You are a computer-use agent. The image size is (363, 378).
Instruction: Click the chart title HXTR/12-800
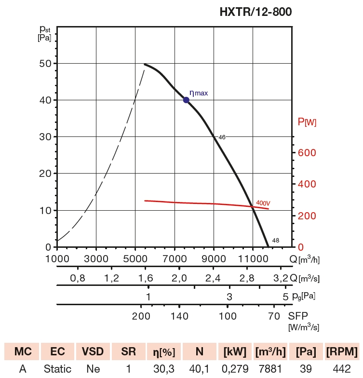click(255, 12)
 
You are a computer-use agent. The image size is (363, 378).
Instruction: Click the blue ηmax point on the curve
click(186, 100)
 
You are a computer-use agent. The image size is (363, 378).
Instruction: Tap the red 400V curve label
click(263, 203)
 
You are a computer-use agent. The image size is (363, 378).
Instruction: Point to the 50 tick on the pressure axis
click(45, 64)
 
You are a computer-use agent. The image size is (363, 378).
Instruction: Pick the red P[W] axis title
click(307, 122)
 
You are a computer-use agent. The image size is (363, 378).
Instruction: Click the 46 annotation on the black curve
click(222, 137)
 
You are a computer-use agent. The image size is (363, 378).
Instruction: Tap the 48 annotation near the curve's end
click(275, 241)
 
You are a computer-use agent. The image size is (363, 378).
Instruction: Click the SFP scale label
click(298, 316)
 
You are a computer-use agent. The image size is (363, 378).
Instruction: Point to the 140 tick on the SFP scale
click(179, 316)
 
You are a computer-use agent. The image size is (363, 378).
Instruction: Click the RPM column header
click(342, 351)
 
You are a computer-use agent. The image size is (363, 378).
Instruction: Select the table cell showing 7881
click(269, 369)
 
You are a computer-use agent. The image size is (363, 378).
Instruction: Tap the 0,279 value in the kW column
click(234, 369)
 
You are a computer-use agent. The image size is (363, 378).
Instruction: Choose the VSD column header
click(93, 351)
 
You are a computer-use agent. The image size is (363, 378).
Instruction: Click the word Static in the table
click(57, 369)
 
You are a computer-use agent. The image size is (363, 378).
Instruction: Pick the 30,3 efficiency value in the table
click(163, 369)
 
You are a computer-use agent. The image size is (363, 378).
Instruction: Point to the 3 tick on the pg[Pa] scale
click(229, 296)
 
